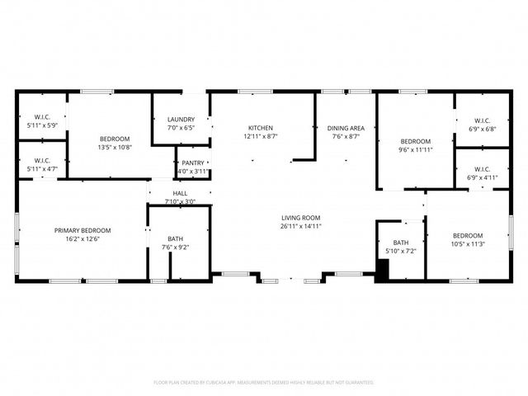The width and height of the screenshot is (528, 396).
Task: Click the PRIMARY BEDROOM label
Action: click(x=82, y=230)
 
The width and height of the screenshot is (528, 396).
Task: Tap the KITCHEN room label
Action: click(x=261, y=128)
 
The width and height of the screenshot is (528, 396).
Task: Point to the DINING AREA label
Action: click(x=346, y=128)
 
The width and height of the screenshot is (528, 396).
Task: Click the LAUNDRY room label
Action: click(x=180, y=120)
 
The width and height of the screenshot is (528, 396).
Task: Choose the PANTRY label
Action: click(x=192, y=163)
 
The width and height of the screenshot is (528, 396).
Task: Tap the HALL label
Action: click(x=180, y=192)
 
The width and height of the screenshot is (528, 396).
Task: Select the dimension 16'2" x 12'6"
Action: click(x=82, y=239)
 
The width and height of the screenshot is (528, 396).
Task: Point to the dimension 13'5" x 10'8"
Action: click(x=115, y=147)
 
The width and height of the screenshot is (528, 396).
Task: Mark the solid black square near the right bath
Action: click(x=382, y=270)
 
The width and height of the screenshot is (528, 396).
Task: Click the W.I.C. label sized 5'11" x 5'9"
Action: click(x=42, y=116)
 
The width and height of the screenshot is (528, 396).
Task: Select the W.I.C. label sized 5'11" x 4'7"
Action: click(x=42, y=160)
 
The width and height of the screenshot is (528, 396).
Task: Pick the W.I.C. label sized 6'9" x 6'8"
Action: click(x=483, y=120)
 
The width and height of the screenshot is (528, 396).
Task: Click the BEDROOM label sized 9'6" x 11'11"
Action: click(x=415, y=140)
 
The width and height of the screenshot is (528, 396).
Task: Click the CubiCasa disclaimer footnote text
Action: click(x=264, y=383)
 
